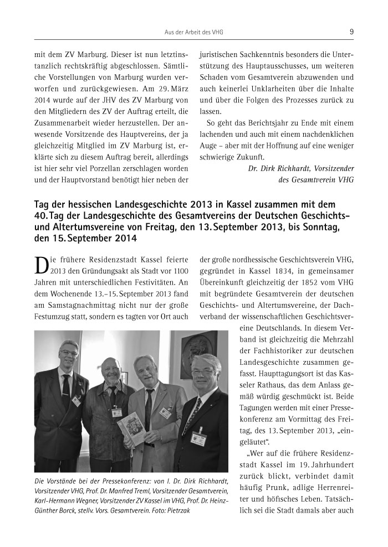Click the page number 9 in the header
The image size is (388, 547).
click(351, 32)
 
